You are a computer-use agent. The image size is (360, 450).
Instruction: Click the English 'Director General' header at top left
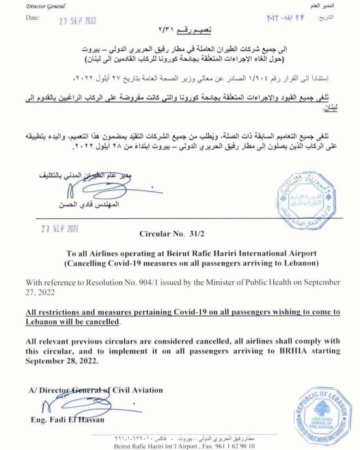46,7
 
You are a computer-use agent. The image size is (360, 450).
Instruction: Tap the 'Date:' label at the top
33,18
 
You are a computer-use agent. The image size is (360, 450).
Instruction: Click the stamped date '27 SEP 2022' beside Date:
77,21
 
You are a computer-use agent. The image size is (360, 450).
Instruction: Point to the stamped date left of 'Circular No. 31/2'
60,229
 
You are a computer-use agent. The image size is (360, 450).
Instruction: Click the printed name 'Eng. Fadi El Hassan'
67,420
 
